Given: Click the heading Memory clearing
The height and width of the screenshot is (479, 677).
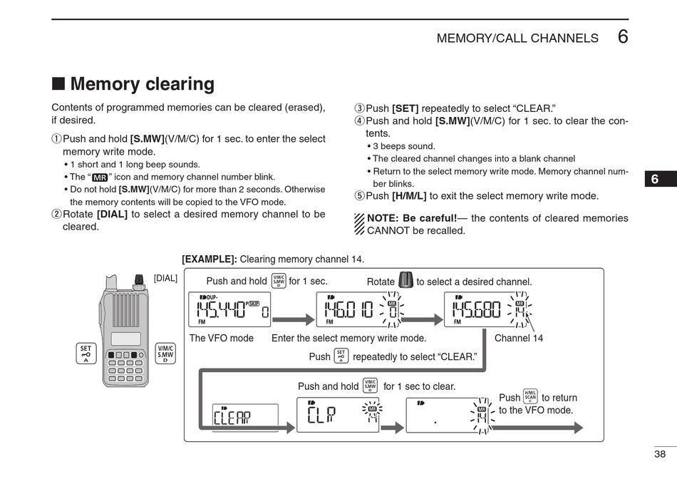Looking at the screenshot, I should (x=142, y=84).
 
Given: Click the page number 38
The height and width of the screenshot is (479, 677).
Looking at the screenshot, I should (x=660, y=454).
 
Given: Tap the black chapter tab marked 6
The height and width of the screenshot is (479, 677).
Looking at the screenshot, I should (x=661, y=180).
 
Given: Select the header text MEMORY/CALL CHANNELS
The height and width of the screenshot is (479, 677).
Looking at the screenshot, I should (x=517, y=38).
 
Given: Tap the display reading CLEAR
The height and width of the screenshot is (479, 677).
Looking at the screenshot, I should (x=245, y=417).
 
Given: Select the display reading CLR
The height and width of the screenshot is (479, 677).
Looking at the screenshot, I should (x=338, y=415).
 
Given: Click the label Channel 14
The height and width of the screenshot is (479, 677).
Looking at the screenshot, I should (x=518, y=338).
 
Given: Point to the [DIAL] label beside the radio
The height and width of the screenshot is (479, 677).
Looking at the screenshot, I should (x=165, y=278).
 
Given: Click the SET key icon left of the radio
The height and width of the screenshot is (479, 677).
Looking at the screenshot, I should (x=86, y=354).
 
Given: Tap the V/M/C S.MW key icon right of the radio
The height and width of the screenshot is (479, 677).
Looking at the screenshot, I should (x=165, y=354).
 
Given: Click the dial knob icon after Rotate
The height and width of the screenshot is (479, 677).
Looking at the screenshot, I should (x=405, y=280).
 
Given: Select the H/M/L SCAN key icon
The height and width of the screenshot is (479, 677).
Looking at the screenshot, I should (x=530, y=397).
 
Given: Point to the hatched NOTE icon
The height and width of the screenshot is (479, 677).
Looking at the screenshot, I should (x=359, y=224).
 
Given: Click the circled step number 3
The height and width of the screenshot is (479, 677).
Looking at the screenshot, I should (x=360, y=108).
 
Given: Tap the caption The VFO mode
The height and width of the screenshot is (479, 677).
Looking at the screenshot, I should (x=221, y=338).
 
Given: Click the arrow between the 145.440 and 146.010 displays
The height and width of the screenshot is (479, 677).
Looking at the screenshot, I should (x=293, y=320).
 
